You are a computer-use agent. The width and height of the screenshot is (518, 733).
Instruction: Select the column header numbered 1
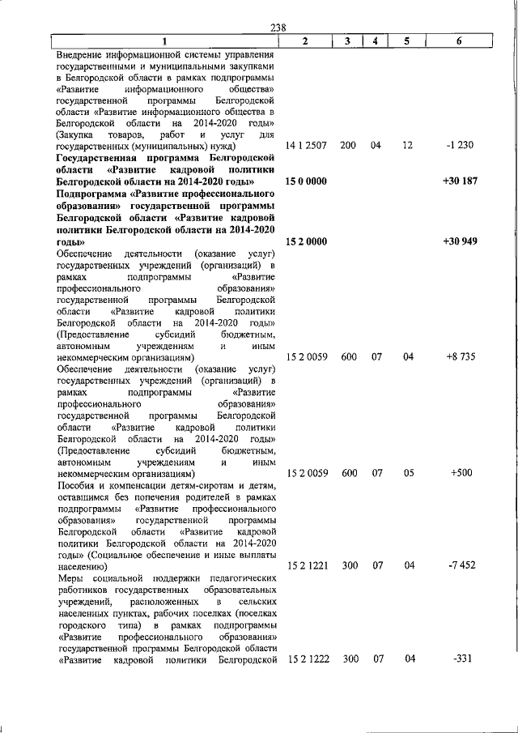(x=163, y=41)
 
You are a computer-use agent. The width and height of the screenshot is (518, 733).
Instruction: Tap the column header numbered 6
(x=458, y=41)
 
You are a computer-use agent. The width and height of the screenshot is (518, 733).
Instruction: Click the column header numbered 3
(x=346, y=41)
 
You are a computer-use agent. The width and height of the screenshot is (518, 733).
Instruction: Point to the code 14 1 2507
(x=307, y=145)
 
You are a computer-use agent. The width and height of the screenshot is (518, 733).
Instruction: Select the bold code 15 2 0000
(x=307, y=242)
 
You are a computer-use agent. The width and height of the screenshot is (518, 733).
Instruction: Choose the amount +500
(x=460, y=472)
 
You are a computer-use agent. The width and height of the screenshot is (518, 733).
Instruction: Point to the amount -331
(x=459, y=658)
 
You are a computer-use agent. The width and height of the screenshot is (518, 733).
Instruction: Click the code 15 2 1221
(x=307, y=566)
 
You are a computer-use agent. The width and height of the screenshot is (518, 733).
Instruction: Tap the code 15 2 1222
(x=307, y=658)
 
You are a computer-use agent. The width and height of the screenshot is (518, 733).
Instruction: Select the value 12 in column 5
(x=408, y=145)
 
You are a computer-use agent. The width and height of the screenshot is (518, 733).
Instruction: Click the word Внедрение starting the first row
(x=82, y=53)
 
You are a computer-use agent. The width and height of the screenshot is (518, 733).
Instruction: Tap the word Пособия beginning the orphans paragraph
(x=77, y=484)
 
